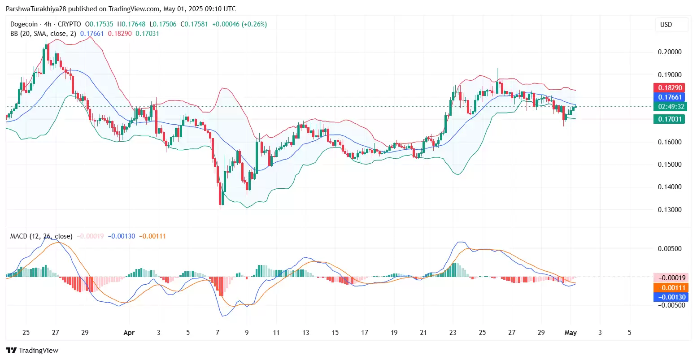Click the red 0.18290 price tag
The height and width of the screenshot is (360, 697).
670,88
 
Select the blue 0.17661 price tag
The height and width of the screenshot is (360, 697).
670,97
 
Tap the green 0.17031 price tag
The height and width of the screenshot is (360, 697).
670,119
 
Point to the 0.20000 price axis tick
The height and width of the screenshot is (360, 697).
669,52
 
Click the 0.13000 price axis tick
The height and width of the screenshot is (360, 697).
669,210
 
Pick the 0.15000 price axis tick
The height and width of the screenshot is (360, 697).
669,165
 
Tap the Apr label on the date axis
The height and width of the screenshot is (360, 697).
129,333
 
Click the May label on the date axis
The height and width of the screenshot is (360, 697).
570,333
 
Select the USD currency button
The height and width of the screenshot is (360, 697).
666,25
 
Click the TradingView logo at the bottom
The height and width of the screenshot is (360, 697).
32,351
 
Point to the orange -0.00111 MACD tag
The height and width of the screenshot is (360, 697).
670,288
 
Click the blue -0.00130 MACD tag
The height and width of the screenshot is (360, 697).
670,297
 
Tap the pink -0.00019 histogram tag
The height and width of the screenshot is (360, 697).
670,278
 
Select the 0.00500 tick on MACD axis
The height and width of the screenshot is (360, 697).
669,249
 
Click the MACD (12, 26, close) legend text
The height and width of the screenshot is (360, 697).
41,236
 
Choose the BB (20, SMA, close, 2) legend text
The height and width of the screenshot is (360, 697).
43,34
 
